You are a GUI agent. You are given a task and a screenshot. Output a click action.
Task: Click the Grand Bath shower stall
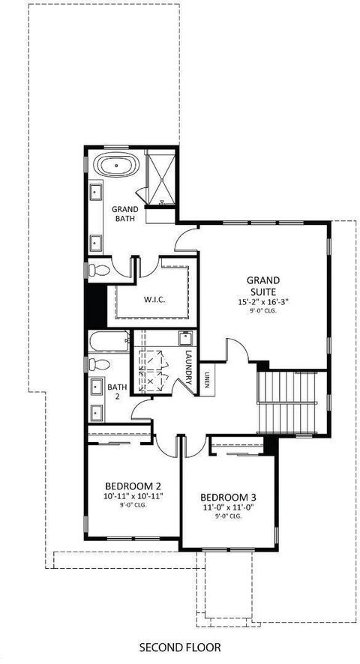[x=160, y=178]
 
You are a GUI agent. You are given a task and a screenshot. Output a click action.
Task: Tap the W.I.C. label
[x=154, y=300]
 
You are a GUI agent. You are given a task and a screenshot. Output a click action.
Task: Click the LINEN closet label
[x=207, y=381]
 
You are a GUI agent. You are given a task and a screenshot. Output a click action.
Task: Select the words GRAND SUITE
[x=262, y=286]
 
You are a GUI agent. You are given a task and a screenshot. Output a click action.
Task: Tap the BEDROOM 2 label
[x=123, y=484]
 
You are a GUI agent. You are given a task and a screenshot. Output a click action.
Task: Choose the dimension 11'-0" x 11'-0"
[x=228, y=507]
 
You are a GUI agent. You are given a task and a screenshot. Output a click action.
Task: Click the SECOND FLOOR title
[x=180, y=645]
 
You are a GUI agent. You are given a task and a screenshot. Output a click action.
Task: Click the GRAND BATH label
[x=124, y=214]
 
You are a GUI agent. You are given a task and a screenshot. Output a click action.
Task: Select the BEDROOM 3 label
[x=228, y=496]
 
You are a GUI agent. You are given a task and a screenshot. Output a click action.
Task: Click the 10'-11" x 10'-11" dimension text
[x=123, y=495]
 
